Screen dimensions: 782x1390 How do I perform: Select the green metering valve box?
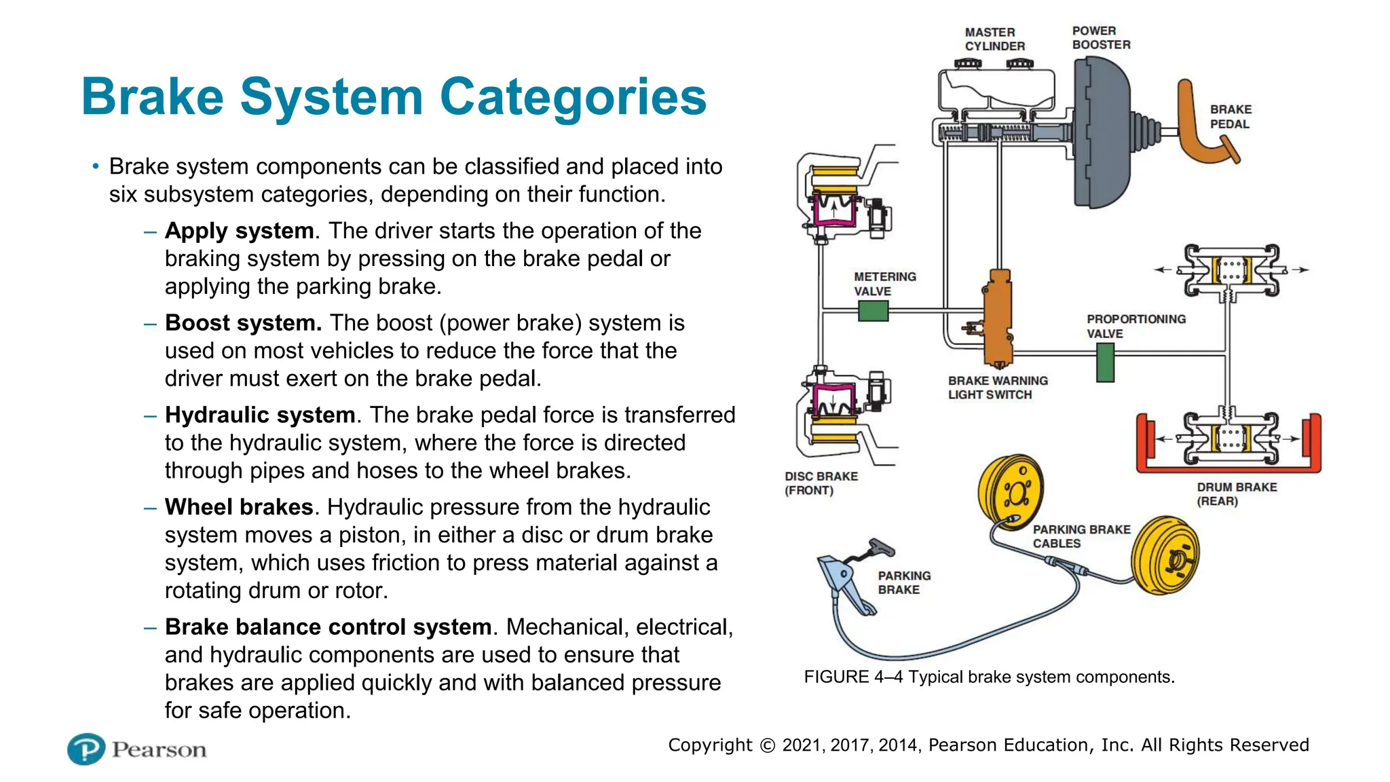[873, 311]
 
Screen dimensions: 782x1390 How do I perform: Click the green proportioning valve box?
[1105, 362]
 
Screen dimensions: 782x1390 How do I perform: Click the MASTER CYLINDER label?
[994, 39]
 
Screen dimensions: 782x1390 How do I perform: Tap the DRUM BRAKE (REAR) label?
[1236, 494]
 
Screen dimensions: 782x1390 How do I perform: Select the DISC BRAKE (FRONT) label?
[821, 483]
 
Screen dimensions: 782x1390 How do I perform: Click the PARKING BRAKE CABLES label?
[1081, 536]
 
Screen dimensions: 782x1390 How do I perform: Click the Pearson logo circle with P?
[86, 749]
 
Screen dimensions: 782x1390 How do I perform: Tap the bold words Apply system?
[239, 231]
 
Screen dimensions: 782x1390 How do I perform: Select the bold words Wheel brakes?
[239, 507]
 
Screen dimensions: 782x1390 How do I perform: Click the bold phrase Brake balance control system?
[328, 627]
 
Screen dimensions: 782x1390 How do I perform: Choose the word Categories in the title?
[573, 96]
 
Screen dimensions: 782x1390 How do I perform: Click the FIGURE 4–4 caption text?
[988, 677]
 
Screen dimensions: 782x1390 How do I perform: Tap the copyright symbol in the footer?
[767, 745]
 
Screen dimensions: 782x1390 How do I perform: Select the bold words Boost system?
[243, 323]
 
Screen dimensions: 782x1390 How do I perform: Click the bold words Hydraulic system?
[260, 415]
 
